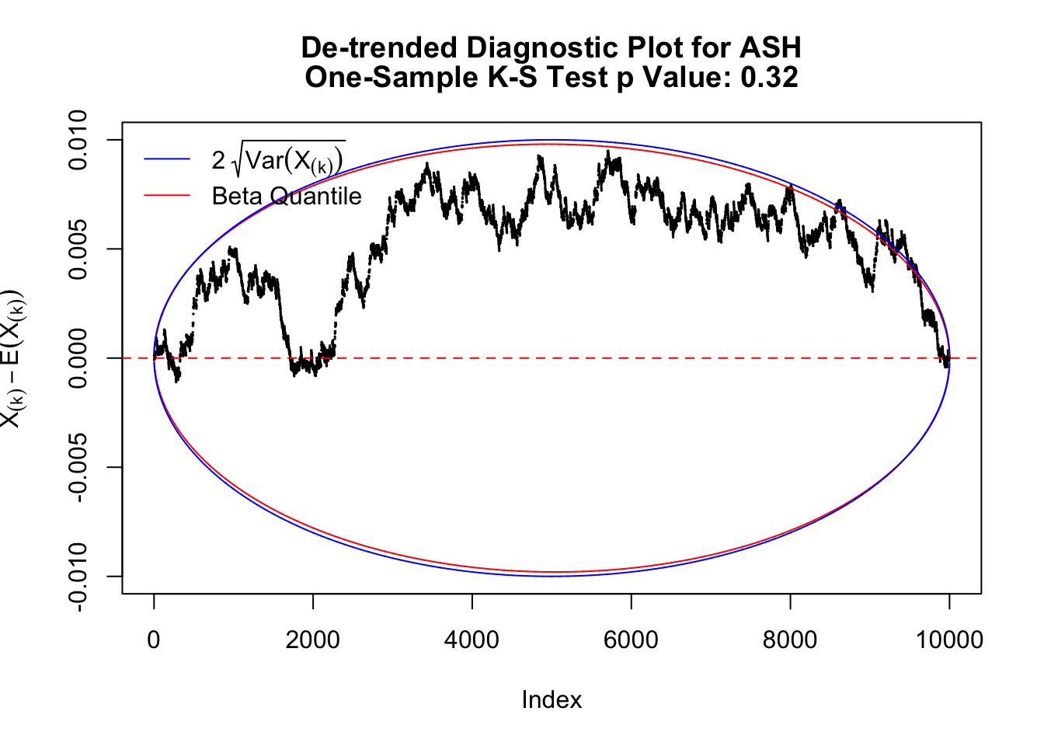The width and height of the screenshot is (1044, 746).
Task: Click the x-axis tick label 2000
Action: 312,640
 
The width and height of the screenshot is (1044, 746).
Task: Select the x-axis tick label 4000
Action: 472,640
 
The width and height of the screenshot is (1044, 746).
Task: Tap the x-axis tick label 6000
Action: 631,640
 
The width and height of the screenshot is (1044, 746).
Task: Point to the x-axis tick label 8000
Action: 790,640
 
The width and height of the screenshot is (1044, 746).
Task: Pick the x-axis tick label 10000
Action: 948,640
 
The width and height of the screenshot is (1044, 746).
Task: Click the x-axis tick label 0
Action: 154,640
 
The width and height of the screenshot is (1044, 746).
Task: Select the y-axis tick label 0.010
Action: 79,140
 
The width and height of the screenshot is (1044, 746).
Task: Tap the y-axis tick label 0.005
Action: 79,249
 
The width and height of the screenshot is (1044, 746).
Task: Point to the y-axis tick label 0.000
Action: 79,358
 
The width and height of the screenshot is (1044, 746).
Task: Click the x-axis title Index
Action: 552,700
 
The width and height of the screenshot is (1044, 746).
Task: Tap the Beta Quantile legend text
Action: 287,196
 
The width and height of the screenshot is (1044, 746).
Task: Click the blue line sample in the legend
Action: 167,159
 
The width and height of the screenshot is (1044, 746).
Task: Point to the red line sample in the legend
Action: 167,195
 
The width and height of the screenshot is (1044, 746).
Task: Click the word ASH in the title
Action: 770,48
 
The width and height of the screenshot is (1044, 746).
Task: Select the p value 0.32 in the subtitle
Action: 769,78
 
